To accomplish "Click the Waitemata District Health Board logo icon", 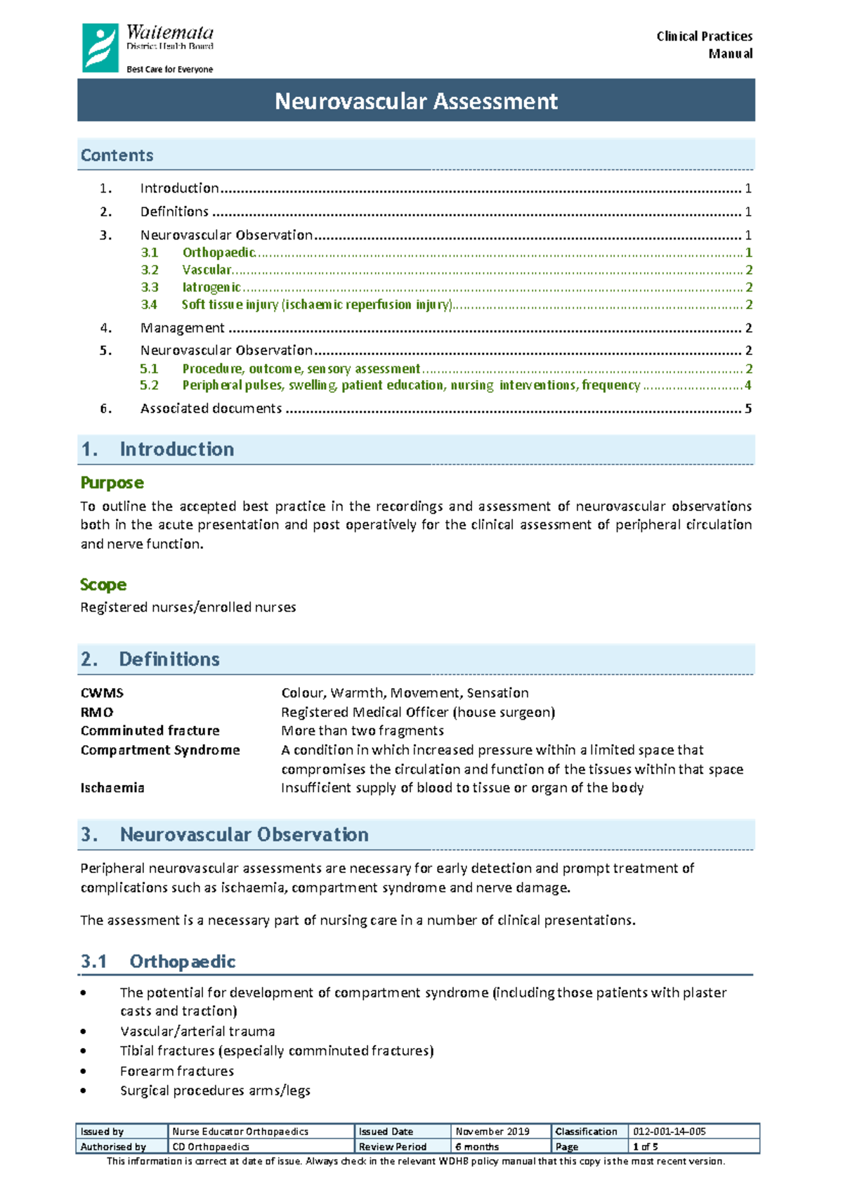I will point(100,48).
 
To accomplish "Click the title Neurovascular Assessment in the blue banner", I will point(416,101).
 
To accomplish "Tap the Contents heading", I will point(117,155).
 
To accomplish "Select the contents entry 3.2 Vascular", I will point(207,270).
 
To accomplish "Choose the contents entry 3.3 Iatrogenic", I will point(211,287).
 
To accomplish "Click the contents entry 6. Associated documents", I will point(211,408).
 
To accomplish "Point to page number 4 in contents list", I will point(748,385).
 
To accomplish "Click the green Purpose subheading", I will point(112,483).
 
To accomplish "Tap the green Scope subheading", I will point(103,585).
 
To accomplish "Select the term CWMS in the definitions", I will point(102,693).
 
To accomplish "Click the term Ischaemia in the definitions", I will point(112,788).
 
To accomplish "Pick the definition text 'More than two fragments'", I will point(362,731).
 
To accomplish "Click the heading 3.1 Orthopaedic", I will point(158,961).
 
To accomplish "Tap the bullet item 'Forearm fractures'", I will point(177,1071).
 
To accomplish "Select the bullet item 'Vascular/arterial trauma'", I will point(197,1032).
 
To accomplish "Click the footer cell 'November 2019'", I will point(492,1132).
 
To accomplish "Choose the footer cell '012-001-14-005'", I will point(669,1132).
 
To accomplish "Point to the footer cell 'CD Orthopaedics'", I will point(211,1146).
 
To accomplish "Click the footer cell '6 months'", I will point(477,1146).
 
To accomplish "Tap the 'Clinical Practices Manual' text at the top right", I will point(705,44).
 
